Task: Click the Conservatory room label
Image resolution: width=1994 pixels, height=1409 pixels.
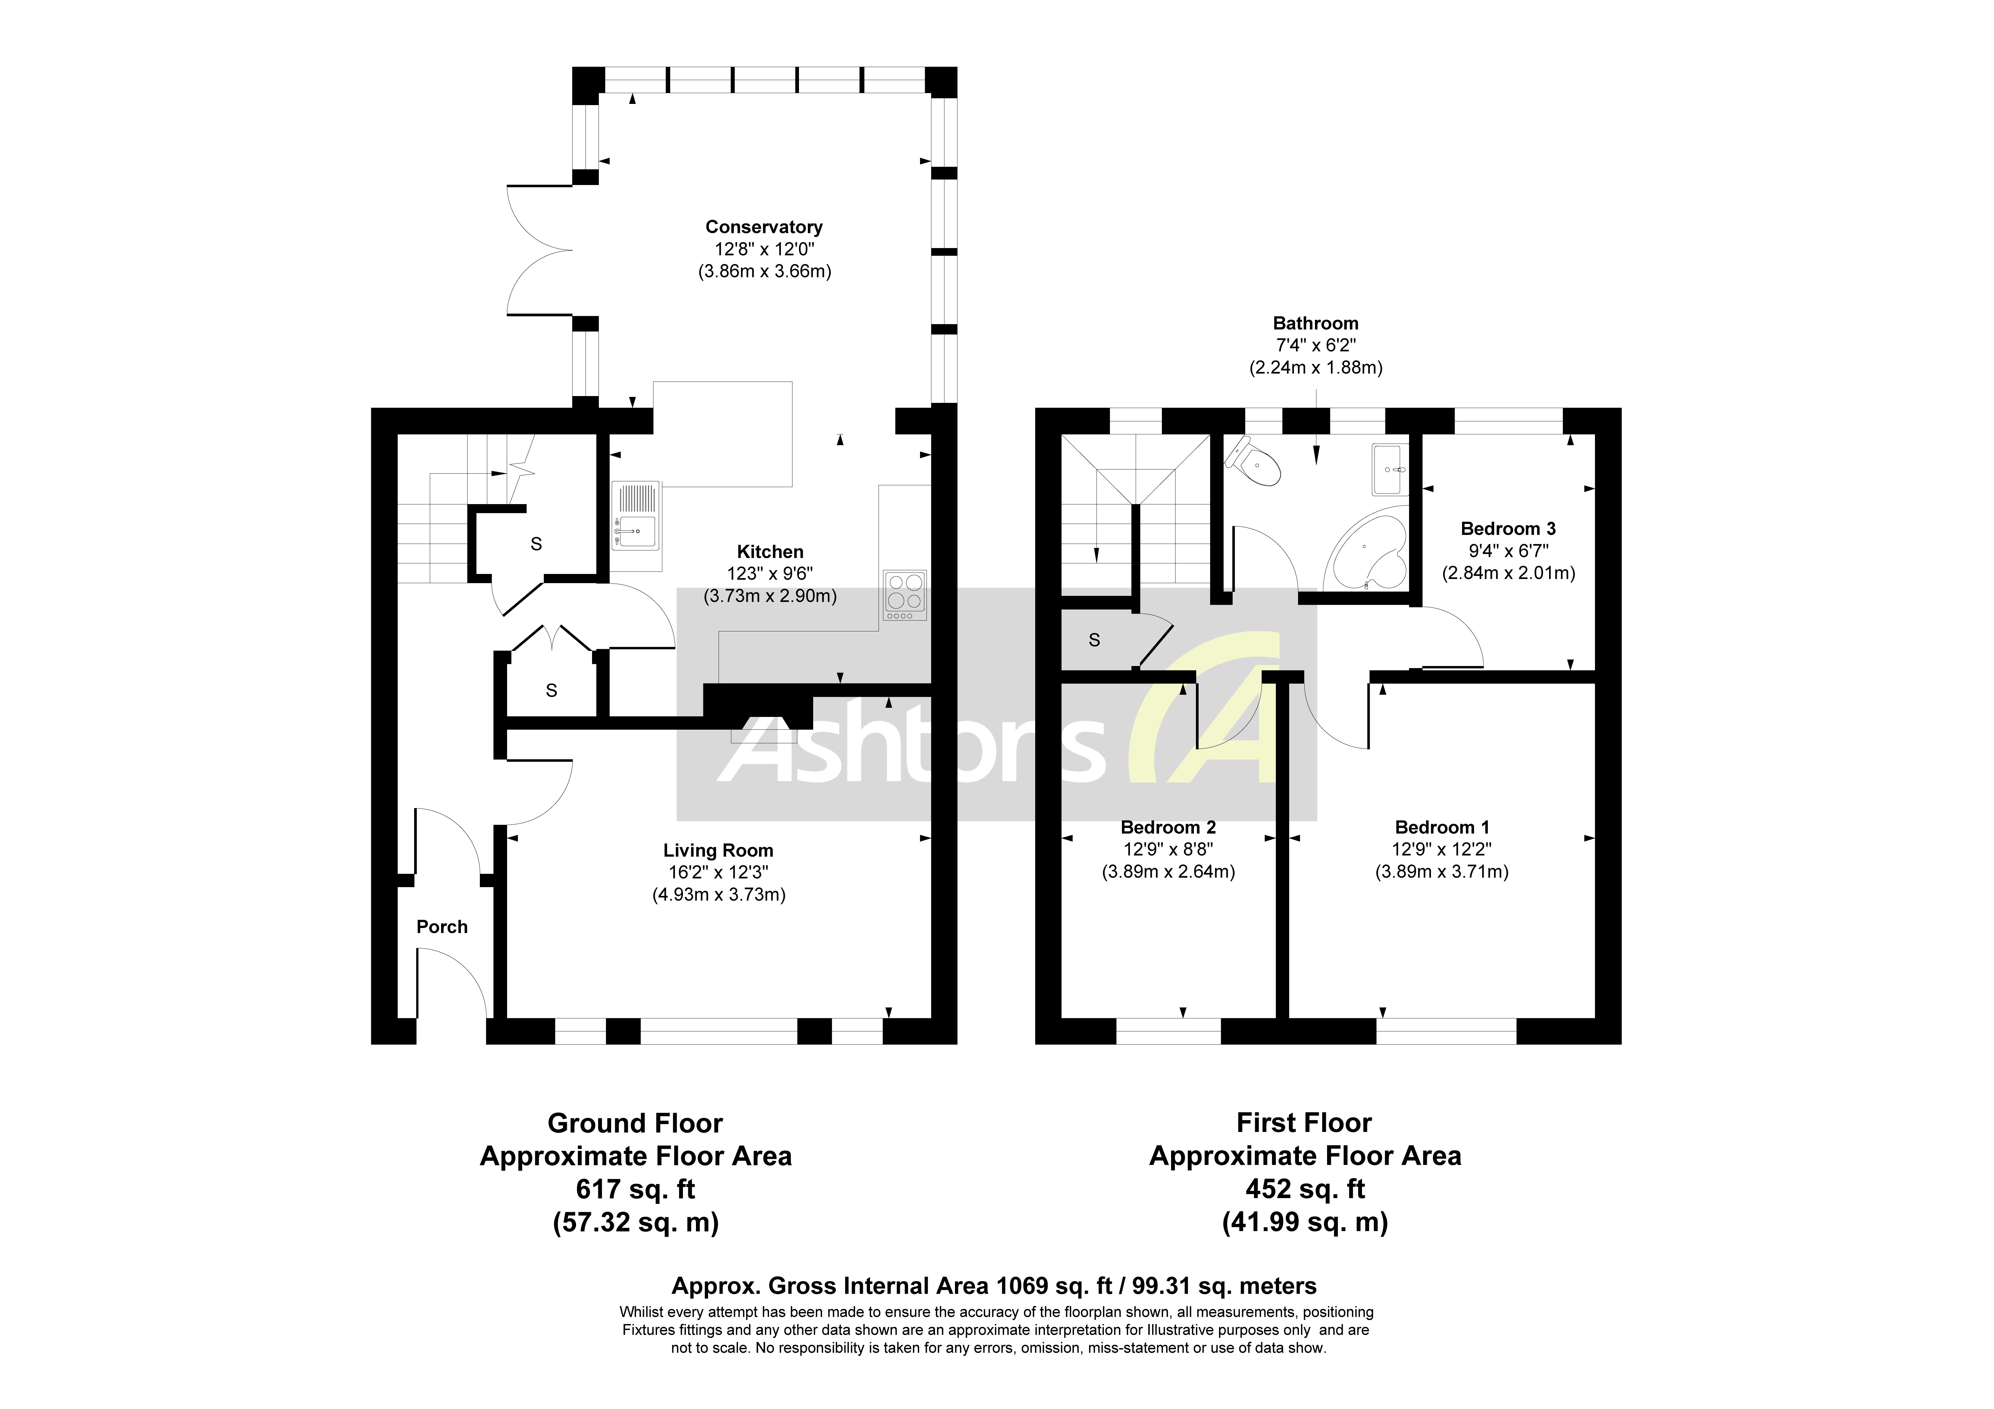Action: (763, 227)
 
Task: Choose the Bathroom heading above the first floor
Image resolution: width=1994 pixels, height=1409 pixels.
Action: (1315, 323)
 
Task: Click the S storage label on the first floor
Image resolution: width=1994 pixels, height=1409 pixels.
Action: (1094, 640)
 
